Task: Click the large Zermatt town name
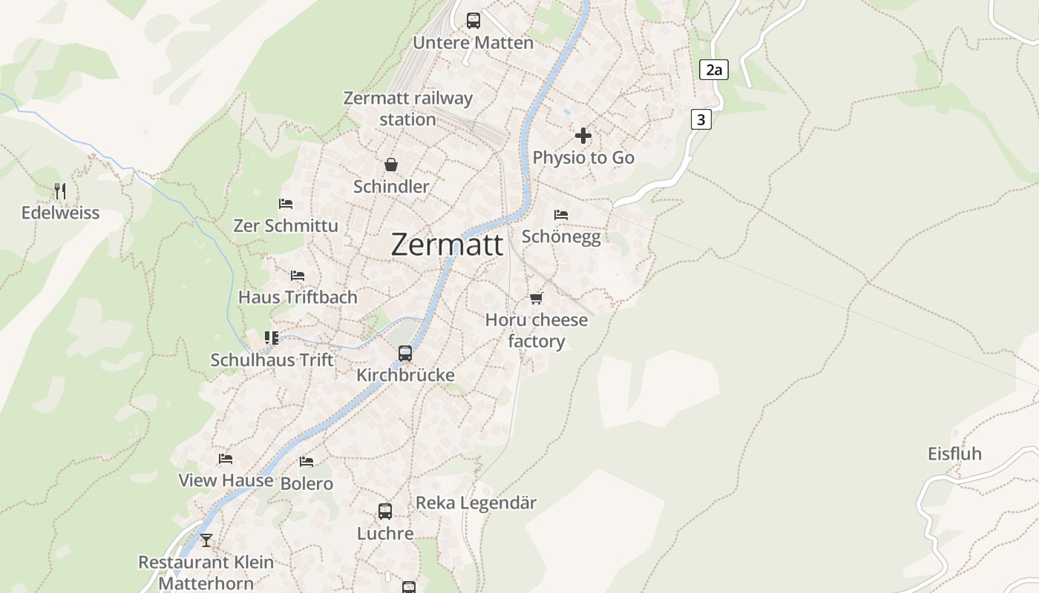(447, 245)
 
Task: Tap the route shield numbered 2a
(713, 70)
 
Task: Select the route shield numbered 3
(701, 119)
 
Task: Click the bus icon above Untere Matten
(473, 21)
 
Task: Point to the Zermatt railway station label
(407, 108)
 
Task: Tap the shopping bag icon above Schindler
(391, 165)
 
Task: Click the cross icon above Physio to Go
(583, 136)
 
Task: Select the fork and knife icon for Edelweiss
(60, 191)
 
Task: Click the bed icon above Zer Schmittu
(286, 203)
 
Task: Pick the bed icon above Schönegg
(561, 214)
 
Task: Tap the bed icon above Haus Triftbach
(298, 275)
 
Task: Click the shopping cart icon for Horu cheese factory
(536, 298)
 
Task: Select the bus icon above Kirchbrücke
(405, 353)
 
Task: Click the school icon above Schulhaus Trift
(272, 338)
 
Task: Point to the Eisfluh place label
(954, 454)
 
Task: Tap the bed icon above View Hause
(226, 459)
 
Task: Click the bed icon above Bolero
(307, 462)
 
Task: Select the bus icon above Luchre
(385, 511)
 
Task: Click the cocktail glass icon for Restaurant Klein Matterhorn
(206, 540)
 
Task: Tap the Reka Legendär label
(476, 503)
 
